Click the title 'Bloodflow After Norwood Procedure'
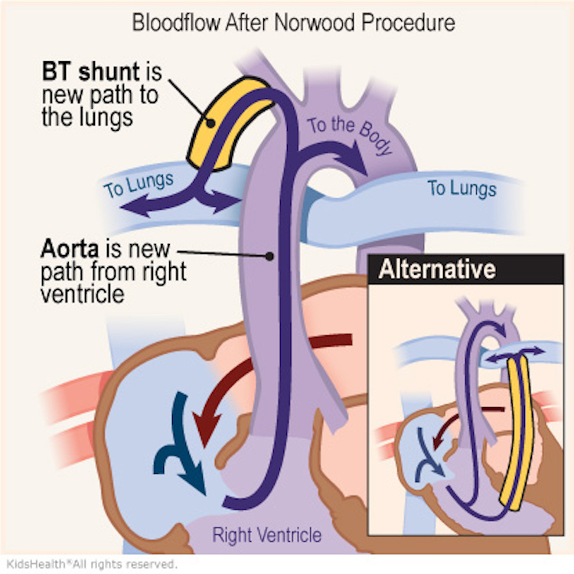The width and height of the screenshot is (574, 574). (x=293, y=21)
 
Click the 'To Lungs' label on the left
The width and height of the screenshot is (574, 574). (x=139, y=184)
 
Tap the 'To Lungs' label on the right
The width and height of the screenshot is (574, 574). (x=461, y=188)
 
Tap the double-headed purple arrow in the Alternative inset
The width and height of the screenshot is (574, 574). (x=517, y=352)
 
